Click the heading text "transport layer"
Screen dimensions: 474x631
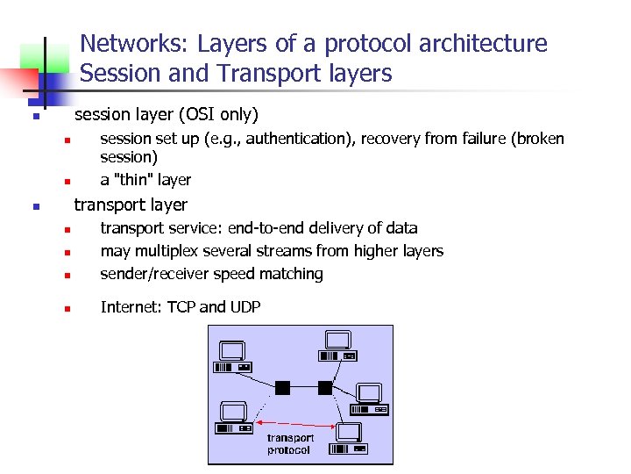tap(131, 205)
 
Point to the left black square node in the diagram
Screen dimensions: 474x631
tap(282, 387)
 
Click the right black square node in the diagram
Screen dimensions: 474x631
tap(325, 387)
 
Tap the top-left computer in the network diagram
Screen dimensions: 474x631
tap(233, 355)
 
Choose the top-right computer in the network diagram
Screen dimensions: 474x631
tap(337, 346)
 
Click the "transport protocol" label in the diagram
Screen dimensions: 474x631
tap(289, 444)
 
